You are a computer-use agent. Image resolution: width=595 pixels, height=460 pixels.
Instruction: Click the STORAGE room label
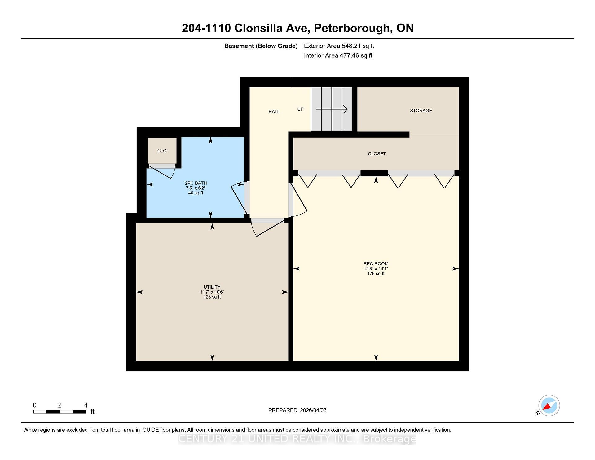[x=421, y=111]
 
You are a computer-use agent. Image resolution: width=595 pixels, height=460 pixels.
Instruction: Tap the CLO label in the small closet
[x=162, y=151]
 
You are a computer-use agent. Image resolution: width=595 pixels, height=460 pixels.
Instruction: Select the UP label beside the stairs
[x=300, y=109]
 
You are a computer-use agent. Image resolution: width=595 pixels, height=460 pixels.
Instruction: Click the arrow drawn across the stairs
[x=332, y=109]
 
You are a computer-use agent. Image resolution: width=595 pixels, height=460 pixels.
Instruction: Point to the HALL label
[x=274, y=112]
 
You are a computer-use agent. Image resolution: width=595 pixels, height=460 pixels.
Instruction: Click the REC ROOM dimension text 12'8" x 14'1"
[x=376, y=269]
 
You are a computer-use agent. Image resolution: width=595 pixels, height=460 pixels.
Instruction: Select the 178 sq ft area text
[x=376, y=274]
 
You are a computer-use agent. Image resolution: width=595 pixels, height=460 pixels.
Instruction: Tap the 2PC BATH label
[x=196, y=183]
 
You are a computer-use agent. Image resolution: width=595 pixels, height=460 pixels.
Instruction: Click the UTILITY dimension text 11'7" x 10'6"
[x=212, y=292]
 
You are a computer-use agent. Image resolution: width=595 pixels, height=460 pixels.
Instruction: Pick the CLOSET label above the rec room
[x=377, y=154]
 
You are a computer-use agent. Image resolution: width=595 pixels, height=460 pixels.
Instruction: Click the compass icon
[x=549, y=405]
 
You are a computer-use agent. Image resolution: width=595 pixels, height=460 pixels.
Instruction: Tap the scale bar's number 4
[x=86, y=405]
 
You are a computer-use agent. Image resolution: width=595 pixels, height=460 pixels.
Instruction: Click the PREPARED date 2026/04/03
[x=313, y=410]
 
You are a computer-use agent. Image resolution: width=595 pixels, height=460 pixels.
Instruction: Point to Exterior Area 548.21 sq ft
[x=339, y=46]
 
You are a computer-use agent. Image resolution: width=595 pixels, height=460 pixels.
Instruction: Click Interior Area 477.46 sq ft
[x=338, y=56]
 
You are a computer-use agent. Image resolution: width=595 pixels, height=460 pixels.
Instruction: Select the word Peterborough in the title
[x=352, y=28]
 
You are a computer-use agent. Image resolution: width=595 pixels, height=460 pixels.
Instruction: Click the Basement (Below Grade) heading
[x=261, y=46]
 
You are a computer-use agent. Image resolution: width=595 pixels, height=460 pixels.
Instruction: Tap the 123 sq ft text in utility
[x=212, y=297]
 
